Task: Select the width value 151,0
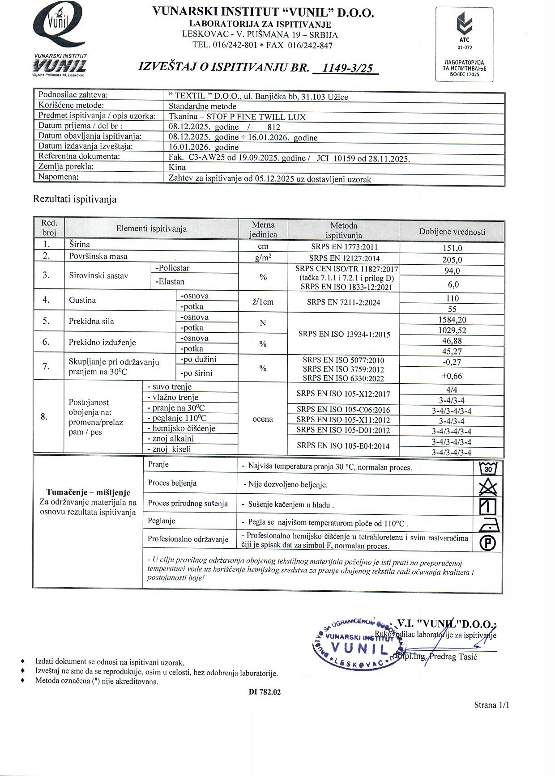452,248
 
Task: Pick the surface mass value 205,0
452,260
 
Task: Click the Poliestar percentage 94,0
452,271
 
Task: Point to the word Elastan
170,282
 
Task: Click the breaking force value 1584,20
452,320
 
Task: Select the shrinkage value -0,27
452,362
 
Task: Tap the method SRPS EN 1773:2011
344,247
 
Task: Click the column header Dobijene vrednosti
452,232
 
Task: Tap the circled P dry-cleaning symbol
488,543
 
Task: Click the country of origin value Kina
177,167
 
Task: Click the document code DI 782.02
265,692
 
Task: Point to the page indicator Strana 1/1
491,705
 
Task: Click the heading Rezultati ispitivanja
75,199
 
